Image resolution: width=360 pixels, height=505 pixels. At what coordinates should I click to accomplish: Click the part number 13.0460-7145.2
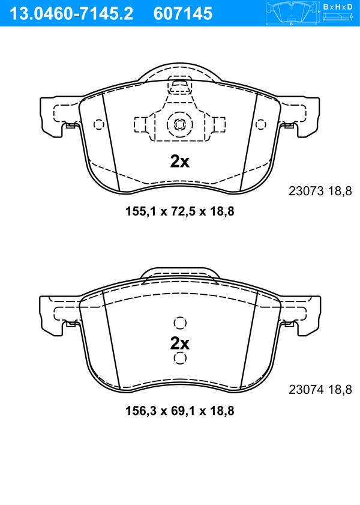coord(71,14)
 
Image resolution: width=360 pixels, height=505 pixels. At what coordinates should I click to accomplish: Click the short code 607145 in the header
coord(183,14)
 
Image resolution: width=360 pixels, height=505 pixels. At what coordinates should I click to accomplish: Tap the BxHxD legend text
coord(337,7)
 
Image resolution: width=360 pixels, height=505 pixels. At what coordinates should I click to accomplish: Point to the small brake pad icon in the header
coord(292,13)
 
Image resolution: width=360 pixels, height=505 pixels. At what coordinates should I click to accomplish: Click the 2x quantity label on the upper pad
coord(180,162)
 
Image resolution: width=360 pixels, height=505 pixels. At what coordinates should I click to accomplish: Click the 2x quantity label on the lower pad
coord(180,343)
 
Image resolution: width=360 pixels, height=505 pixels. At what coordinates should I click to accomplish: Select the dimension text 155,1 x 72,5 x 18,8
coord(179,211)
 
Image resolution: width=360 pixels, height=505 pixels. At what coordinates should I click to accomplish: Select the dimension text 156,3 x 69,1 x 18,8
coord(179,411)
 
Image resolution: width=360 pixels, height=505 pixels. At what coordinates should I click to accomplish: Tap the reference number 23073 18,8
coord(320,191)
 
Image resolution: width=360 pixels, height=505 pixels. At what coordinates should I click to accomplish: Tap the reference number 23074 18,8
coord(320,390)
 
